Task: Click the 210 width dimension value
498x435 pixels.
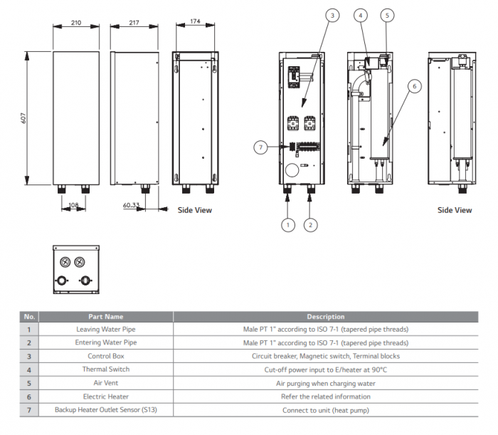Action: click(76, 23)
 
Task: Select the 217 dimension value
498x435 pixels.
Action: click(134, 23)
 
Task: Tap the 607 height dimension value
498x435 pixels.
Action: click(23, 118)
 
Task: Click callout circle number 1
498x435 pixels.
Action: click(287, 225)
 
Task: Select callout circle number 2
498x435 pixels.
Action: click(310, 225)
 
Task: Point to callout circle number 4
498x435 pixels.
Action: click(361, 14)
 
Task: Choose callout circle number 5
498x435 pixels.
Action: click(386, 14)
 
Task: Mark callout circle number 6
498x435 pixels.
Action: click(415, 87)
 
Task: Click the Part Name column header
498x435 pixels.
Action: click(105, 316)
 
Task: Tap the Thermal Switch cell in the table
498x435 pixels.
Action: click(105, 370)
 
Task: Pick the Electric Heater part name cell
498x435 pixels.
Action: click(105, 397)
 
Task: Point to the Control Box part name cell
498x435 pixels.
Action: click(105, 356)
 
